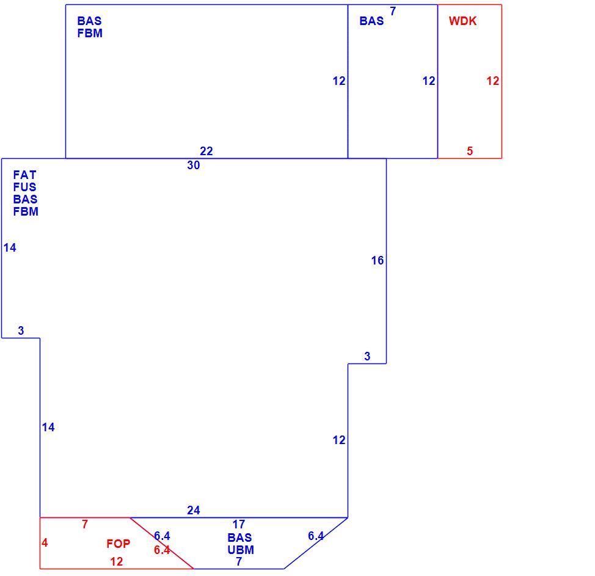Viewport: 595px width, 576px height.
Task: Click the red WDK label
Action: click(x=462, y=21)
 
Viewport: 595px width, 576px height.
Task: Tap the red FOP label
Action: click(x=118, y=544)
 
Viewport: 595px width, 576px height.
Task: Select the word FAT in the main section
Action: click(x=24, y=175)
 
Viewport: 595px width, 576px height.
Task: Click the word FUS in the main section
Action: click(x=24, y=187)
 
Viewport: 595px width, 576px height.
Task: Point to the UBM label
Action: click(x=241, y=550)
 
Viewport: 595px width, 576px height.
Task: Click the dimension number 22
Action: click(x=206, y=151)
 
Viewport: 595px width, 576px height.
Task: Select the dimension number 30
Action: click(x=194, y=165)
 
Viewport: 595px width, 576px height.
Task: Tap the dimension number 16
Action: click(x=378, y=260)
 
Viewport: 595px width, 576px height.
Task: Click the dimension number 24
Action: click(x=194, y=511)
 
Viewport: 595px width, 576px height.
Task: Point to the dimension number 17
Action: click(x=239, y=525)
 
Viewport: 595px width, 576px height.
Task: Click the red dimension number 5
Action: click(x=470, y=151)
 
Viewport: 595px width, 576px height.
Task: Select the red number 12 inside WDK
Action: click(x=493, y=81)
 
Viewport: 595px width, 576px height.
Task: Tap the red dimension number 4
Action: click(x=45, y=543)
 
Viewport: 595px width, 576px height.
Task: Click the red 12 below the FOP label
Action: click(x=117, y=561)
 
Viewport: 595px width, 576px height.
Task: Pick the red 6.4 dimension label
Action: click(x=162, y=550)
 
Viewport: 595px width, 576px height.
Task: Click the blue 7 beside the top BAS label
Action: click(x=393, y=12)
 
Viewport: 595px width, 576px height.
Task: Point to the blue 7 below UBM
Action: click(x=239, y=561)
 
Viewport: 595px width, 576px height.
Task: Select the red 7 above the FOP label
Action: click(x=85, y=525)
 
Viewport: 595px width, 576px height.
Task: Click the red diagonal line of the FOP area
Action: click(x=162, y=543)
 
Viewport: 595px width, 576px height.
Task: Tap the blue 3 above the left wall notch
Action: click(x=21, y=330)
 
